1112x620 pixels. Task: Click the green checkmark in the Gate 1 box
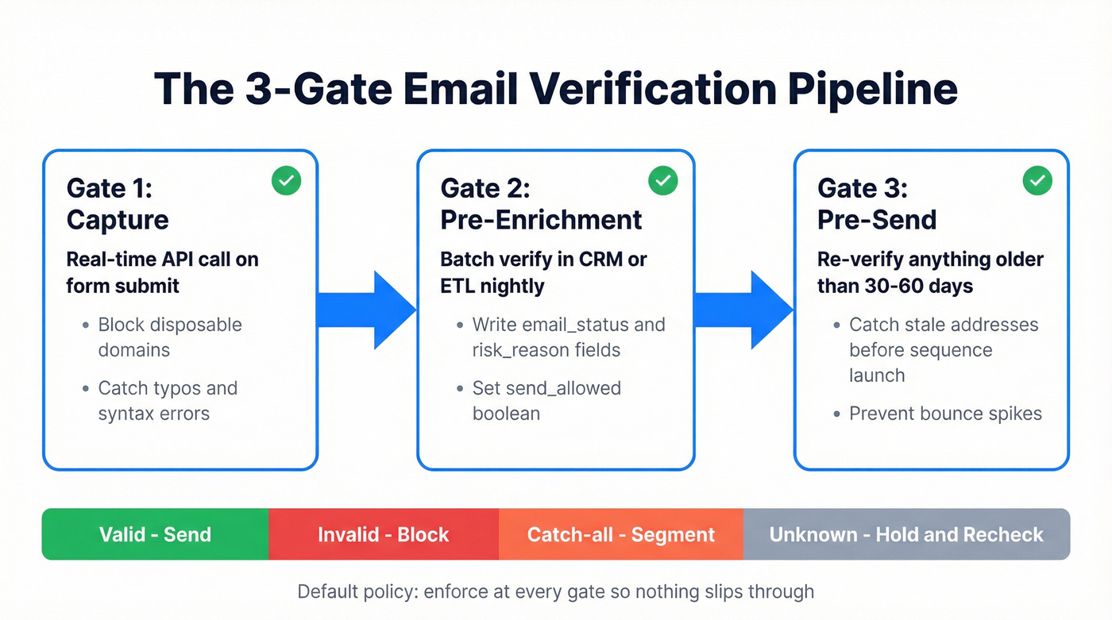(287, 181)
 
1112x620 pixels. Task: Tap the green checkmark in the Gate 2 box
(663, 181)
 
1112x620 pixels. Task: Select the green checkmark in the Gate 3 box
(1037, 181)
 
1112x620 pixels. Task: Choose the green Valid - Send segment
(155, 534)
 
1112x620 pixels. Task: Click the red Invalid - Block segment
(384, 534)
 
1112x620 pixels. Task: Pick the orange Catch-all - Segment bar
(621, 534)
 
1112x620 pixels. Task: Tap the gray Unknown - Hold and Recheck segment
(906, 534)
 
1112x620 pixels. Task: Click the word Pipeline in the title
(872, 89)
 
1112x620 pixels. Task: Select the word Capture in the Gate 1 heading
(118, 219)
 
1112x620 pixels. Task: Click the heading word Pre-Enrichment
(541, 219)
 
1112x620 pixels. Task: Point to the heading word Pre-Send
(877, 219)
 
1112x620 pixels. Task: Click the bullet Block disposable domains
(169, 337)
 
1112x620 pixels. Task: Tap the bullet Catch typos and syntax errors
(167, 401)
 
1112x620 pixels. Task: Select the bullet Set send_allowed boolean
(546, 401)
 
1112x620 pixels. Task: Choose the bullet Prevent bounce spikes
(945, 414)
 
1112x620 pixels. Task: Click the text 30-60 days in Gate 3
(924, 286)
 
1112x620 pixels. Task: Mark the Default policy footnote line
(555, 591)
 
